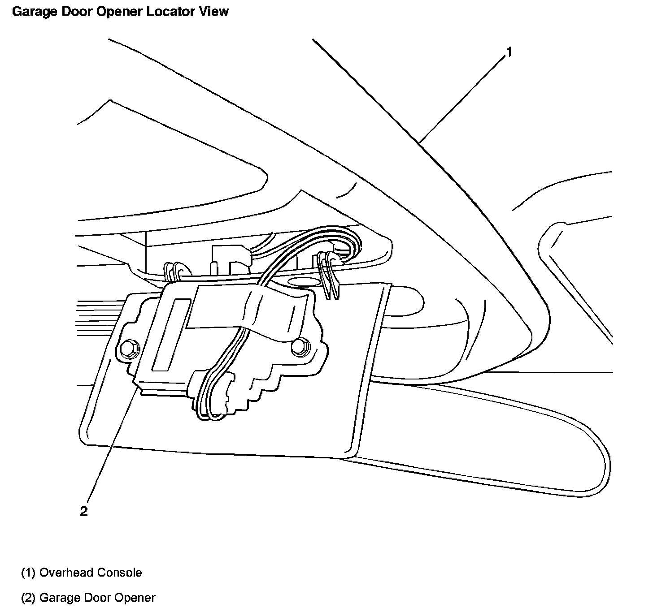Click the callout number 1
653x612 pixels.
[x=509, y=52]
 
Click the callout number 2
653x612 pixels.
[x=84, y=511]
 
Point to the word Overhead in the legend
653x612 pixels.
[x=66, y=573]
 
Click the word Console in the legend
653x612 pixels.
[x=120, y=573]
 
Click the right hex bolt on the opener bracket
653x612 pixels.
[x=299, y=345]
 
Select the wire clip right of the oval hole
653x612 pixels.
[x=329, y=274]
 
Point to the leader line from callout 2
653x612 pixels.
[x=112, y=444]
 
